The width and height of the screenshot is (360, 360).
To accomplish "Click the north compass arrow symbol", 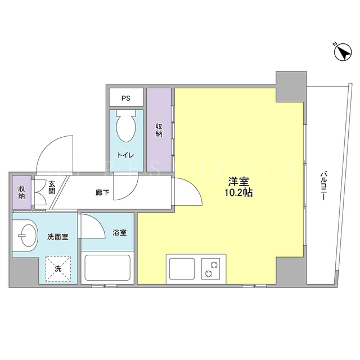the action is tap(343, 52).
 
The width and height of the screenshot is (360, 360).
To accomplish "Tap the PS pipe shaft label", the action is tap(126, 98).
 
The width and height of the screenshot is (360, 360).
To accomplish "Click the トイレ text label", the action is tap(125, 155).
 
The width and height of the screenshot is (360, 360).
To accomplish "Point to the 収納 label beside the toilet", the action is tap(159, 130).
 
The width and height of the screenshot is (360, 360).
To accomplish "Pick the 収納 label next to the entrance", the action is tap(21, 192).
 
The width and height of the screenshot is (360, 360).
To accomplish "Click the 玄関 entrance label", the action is tap(52, 187).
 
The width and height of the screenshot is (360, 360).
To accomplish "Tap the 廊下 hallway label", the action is tap(102, 192).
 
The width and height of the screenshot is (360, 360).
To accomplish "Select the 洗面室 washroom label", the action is tap(58, 237).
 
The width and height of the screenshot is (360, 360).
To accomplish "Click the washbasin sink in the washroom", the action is tap(25, 235).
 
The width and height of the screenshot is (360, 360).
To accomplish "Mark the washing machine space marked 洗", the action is tap(58, 269).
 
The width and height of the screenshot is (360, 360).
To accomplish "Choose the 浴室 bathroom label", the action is tap(120, 232).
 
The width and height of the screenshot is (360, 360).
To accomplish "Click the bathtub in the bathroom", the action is tap(107, 268).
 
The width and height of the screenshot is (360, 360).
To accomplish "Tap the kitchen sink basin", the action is tap(182, 269).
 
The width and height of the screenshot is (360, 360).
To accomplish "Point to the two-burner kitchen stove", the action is tap(211, 269).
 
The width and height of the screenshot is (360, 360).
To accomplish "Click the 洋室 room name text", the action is tap(238, 182).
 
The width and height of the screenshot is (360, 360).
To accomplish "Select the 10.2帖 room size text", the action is tap(238, 193).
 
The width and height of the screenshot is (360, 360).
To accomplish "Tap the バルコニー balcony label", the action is tap(323, 186).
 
